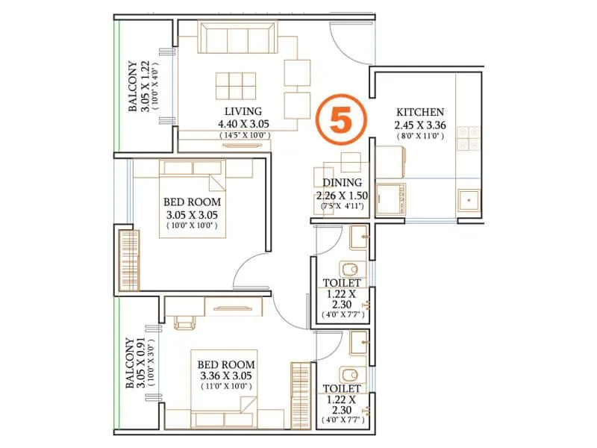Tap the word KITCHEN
420,112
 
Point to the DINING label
342,183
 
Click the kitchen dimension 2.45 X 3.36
420,125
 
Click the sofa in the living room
238,37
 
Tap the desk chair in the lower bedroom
184,322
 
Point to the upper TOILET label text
342,284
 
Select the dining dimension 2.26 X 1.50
342,196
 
